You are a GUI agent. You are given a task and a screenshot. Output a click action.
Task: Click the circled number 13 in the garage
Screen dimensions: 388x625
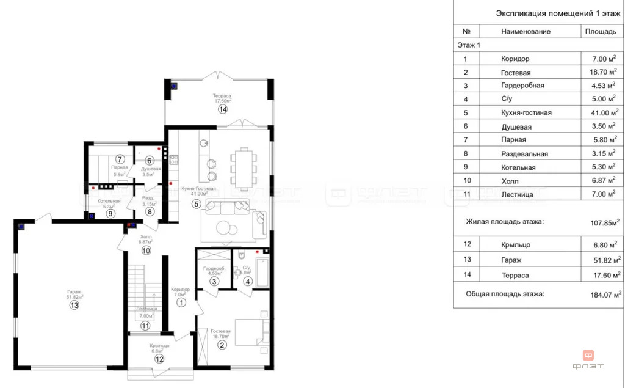74,306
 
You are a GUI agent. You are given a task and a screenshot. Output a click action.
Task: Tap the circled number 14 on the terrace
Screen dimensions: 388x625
223,109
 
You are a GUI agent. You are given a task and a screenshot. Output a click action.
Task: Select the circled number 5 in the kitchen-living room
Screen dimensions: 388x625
196,203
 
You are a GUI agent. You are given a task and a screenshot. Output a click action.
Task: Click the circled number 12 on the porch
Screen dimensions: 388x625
159,359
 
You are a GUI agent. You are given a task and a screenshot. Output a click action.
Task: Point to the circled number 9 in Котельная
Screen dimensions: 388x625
110,213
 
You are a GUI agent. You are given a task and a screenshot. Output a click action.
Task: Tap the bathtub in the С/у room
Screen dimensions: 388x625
263,272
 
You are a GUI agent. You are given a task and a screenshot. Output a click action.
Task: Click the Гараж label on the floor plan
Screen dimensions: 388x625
74,292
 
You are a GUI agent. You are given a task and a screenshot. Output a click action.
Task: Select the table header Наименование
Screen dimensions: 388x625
523,31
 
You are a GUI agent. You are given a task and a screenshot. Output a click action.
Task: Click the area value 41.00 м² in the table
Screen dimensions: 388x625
601,112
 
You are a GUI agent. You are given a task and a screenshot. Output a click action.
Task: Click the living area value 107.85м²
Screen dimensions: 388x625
602,222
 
